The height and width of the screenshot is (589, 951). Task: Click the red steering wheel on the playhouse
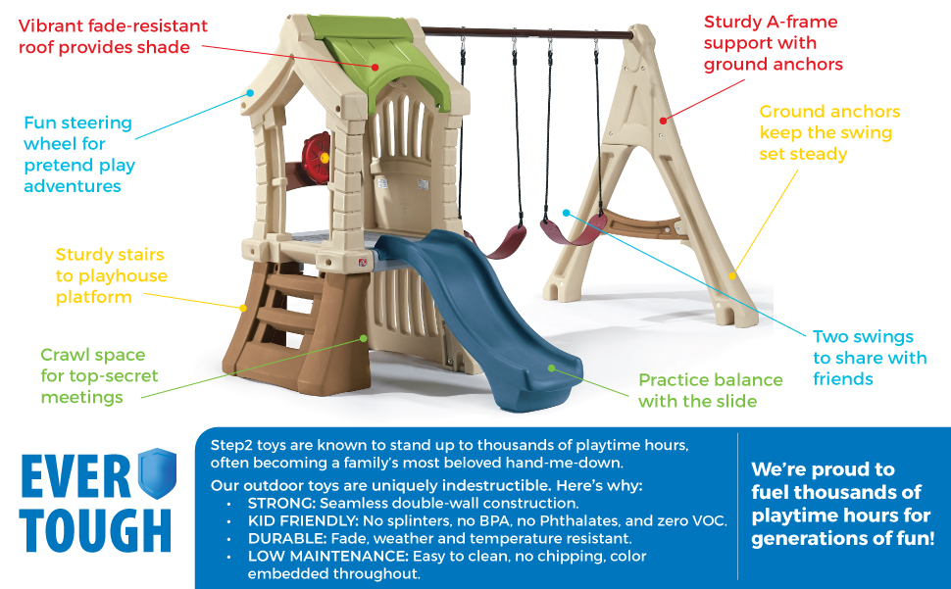point(316,158)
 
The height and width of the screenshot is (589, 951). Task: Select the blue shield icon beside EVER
point(157,472)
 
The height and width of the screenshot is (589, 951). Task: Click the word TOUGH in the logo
point(95,530)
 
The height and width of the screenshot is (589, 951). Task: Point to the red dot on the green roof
point(375,68)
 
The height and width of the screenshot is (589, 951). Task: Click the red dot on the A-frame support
point(664,121)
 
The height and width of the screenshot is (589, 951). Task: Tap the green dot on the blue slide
point(551,368)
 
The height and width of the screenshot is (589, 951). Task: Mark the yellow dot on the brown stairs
point(243,309)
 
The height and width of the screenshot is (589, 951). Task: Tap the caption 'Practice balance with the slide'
point(710,390)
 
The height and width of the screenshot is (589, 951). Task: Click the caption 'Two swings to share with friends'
point(870,358)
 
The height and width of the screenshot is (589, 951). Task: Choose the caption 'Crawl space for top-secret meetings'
point(99,375)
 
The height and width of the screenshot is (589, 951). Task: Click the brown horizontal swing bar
point(527,32)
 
